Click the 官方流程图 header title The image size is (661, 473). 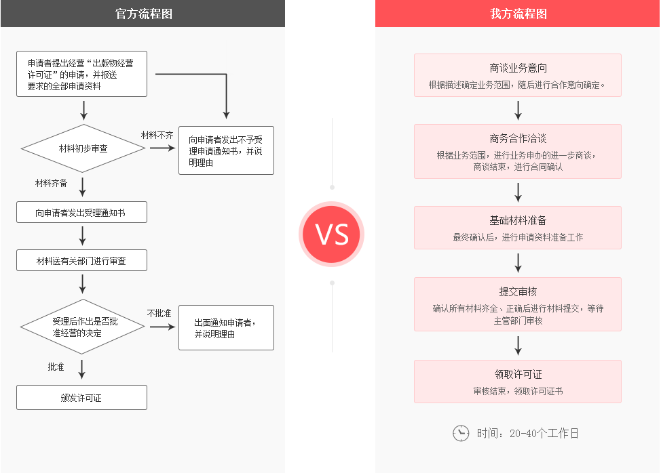click(x=143, y=14)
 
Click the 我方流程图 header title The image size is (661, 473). click(x=518, y=14)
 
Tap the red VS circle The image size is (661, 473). click(x=332, y=234)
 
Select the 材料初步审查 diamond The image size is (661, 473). click(x=83, y=148)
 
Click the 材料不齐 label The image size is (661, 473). click(x=157, y=135)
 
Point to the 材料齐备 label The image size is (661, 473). click(x=52, y=183)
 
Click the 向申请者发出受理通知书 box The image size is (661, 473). click(x=81, y=213)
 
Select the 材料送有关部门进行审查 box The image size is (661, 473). click(x=81, y=260)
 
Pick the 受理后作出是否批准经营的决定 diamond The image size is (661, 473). click(x=83, y=327)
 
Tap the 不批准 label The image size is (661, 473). click(x=159, y=313)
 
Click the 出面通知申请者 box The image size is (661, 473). click(x=226, y=328)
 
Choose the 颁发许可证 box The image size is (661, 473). click(x=81, y=398)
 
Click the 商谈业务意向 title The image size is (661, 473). click(x=518, y=68)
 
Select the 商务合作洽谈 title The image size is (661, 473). click(x=518, y=138)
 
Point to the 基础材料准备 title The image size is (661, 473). click(x=518, y=220)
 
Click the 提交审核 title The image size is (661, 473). click(x=518, y=291)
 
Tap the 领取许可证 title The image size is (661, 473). click(x=518, y=374)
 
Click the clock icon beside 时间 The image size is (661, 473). click(x=461, y=433)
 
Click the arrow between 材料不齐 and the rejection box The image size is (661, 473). click(x=163, y=147)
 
